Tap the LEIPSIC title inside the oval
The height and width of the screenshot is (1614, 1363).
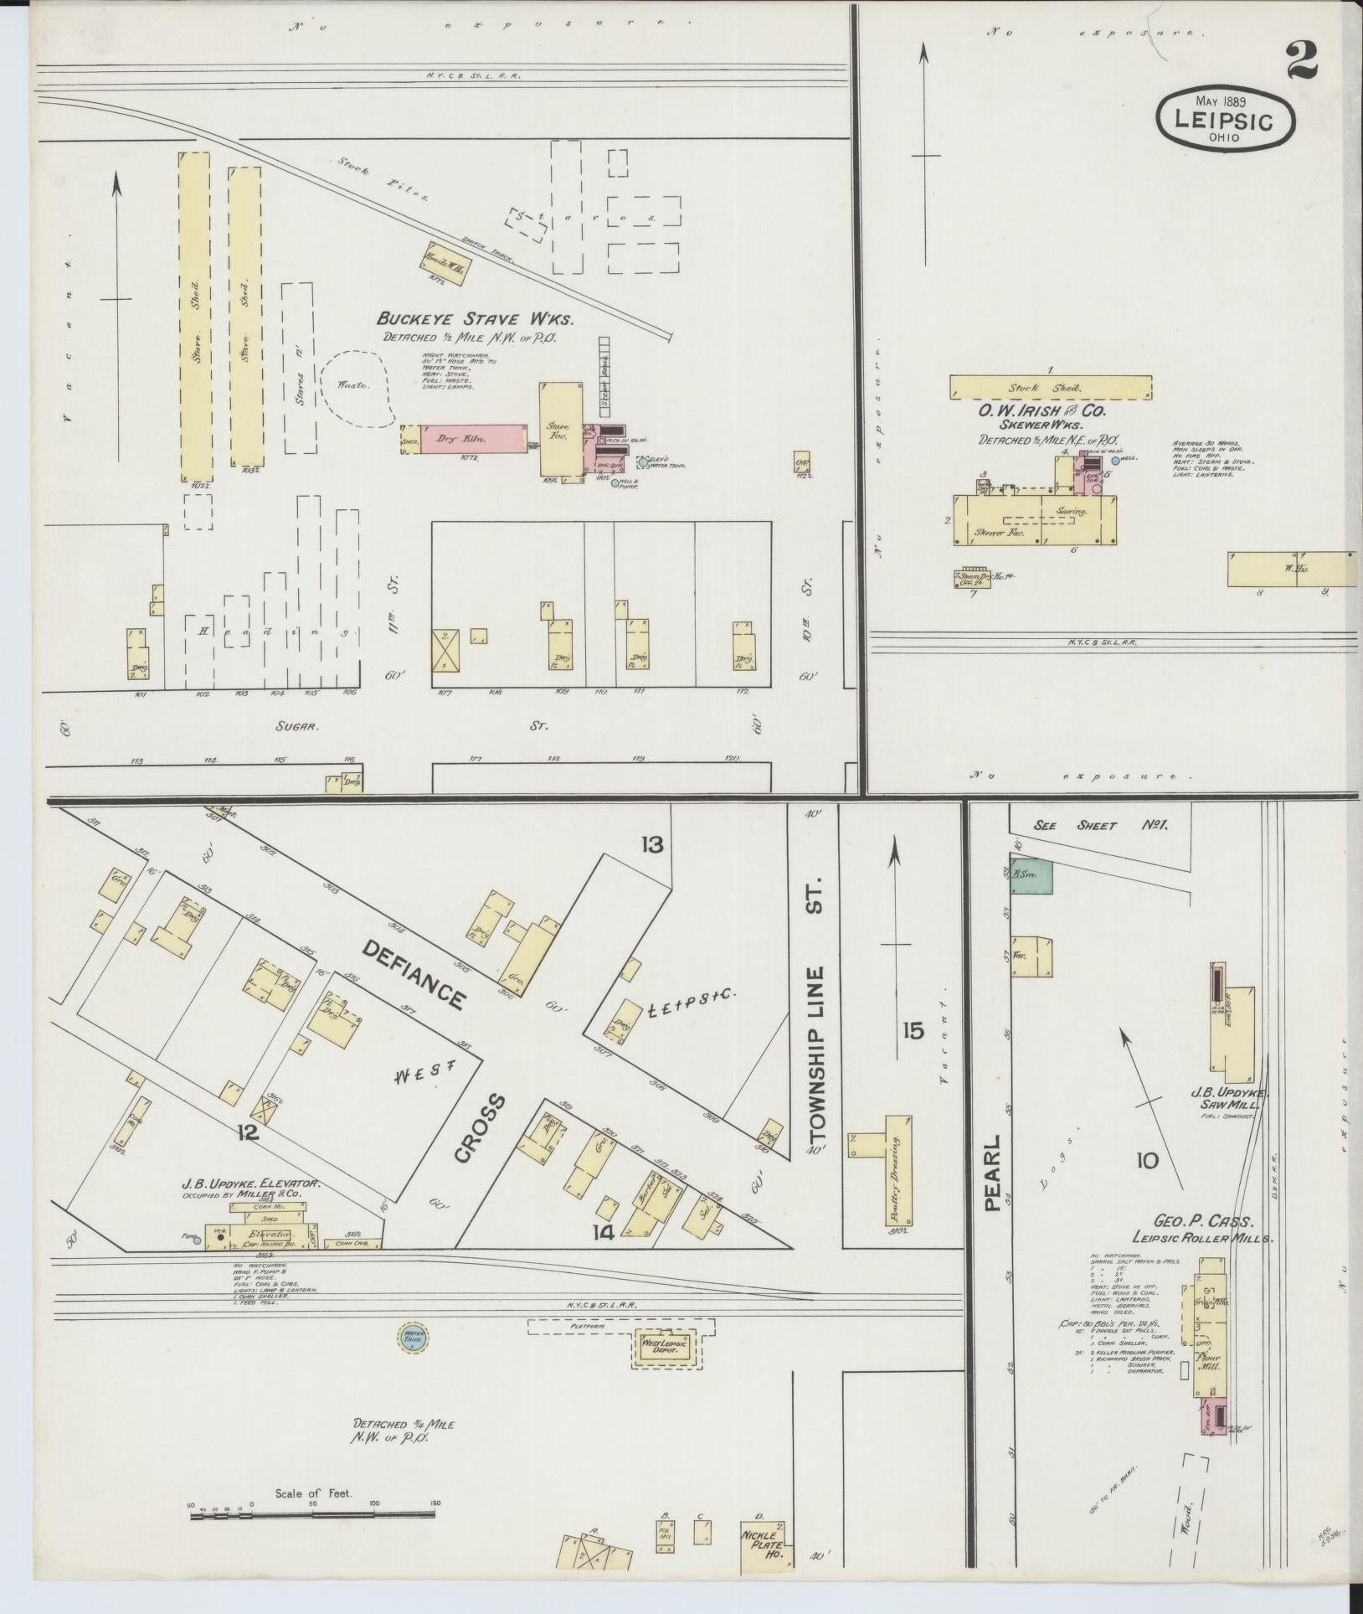(1223, 120)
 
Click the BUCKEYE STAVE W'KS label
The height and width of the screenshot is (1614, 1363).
(475, 319)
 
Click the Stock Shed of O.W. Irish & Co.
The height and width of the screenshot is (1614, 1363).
(1050, 388)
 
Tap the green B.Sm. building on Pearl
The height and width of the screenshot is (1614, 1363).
(1031, 874)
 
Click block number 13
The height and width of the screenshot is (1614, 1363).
(651, 844)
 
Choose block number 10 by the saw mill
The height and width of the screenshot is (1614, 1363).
(1147, 1160)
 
